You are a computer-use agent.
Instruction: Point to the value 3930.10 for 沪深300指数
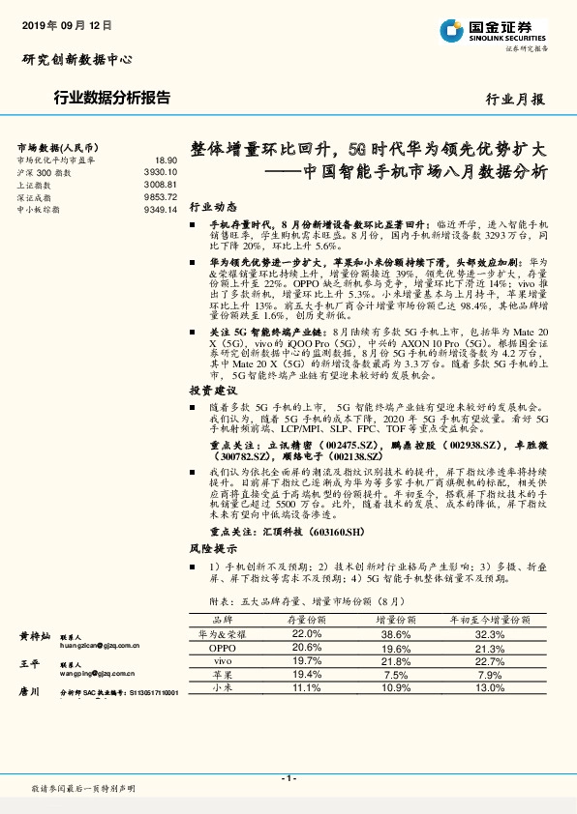[160, 171]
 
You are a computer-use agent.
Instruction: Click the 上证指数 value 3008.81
[160, 184]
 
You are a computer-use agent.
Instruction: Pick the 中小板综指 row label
[39, 209]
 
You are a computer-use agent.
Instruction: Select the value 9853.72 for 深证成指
[160, 196]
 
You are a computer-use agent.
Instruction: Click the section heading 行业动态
[212, 208]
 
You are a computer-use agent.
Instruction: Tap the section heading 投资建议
[212, 391]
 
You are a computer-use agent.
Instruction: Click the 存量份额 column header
[307, 617]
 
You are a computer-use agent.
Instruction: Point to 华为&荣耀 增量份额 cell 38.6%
[396, 633]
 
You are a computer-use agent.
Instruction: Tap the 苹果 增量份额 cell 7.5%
[396, 674]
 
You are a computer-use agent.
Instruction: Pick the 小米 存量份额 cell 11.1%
[307, 687]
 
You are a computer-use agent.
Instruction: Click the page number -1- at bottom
[288, 777]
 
